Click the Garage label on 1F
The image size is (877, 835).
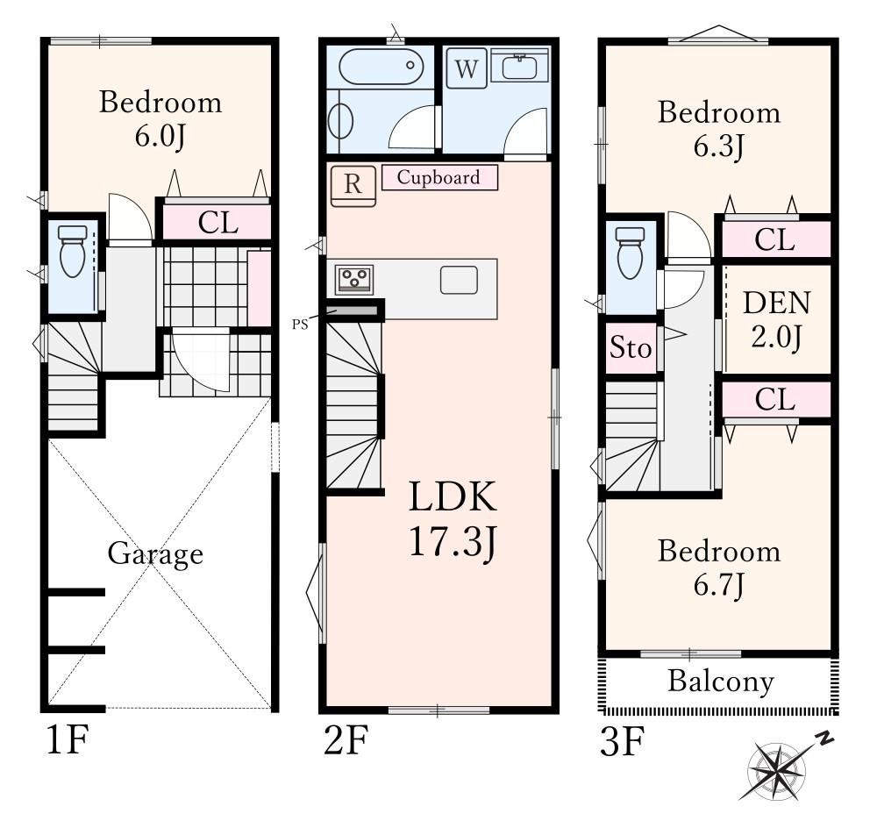point(155,553)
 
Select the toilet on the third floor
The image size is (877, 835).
point(631,253)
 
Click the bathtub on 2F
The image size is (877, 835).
point(381,67)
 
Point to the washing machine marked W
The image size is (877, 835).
point(467,68)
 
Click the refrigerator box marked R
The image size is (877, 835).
point(353,186)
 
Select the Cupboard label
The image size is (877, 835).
point(439,177)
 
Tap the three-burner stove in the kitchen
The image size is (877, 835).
point(354,279)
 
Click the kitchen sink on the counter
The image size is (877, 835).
point(459,280)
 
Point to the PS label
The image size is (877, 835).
point(300,325)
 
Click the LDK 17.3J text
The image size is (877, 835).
point(453,519)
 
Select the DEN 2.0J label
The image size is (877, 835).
point(776,319)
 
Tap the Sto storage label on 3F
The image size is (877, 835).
point(631,348)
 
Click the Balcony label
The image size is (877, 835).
point(721,682)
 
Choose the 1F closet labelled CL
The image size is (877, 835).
point(217,223)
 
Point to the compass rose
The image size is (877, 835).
point(777,770)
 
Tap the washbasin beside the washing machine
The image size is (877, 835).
point(519,67)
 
